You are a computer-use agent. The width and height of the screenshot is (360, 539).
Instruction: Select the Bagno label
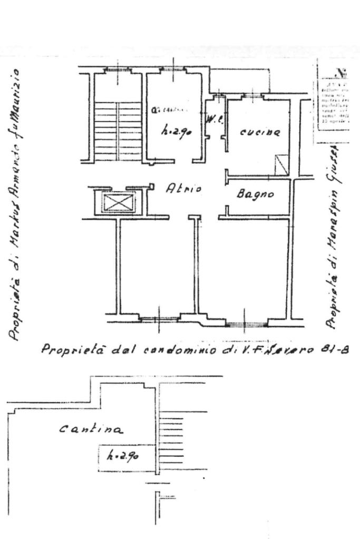(x=255, y=194)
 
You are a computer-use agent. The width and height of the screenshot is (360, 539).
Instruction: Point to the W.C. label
(x=215, y=119)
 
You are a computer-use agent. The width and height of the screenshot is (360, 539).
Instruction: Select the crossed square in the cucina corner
(x=282, y=164)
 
